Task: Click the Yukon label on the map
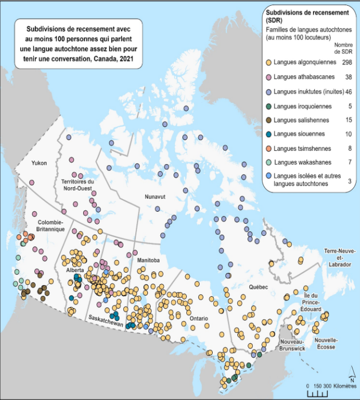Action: coord(40,162)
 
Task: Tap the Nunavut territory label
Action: coord(155,196)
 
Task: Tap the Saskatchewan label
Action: coord(105,324)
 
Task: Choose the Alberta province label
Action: coord(75,270)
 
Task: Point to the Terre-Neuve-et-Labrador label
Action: coord(339,258)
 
